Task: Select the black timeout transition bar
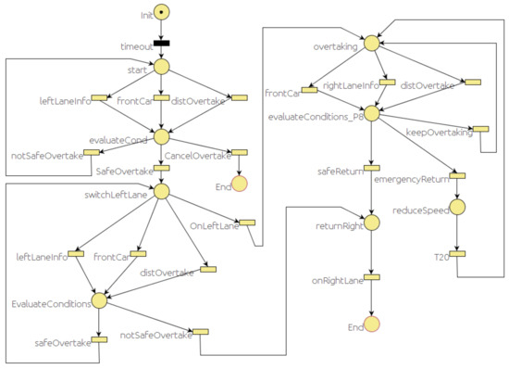(x=161, y=43)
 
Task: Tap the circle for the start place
(x=161, y=66)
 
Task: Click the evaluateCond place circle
(x=161, y=136)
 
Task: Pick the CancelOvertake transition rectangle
(x=239, y=152)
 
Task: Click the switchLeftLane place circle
(x=161, y=191)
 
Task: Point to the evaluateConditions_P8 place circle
(x=371, y=113)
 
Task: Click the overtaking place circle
(x=371, y=43)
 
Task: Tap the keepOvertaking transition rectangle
(x=479, y=129)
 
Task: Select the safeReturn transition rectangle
(x=371, y=168)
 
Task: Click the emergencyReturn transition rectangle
(x=456, y=175)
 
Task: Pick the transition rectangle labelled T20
(x=456, y=254)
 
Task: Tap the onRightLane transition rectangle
(x=371, y=276)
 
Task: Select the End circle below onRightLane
(x=371, y=324)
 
